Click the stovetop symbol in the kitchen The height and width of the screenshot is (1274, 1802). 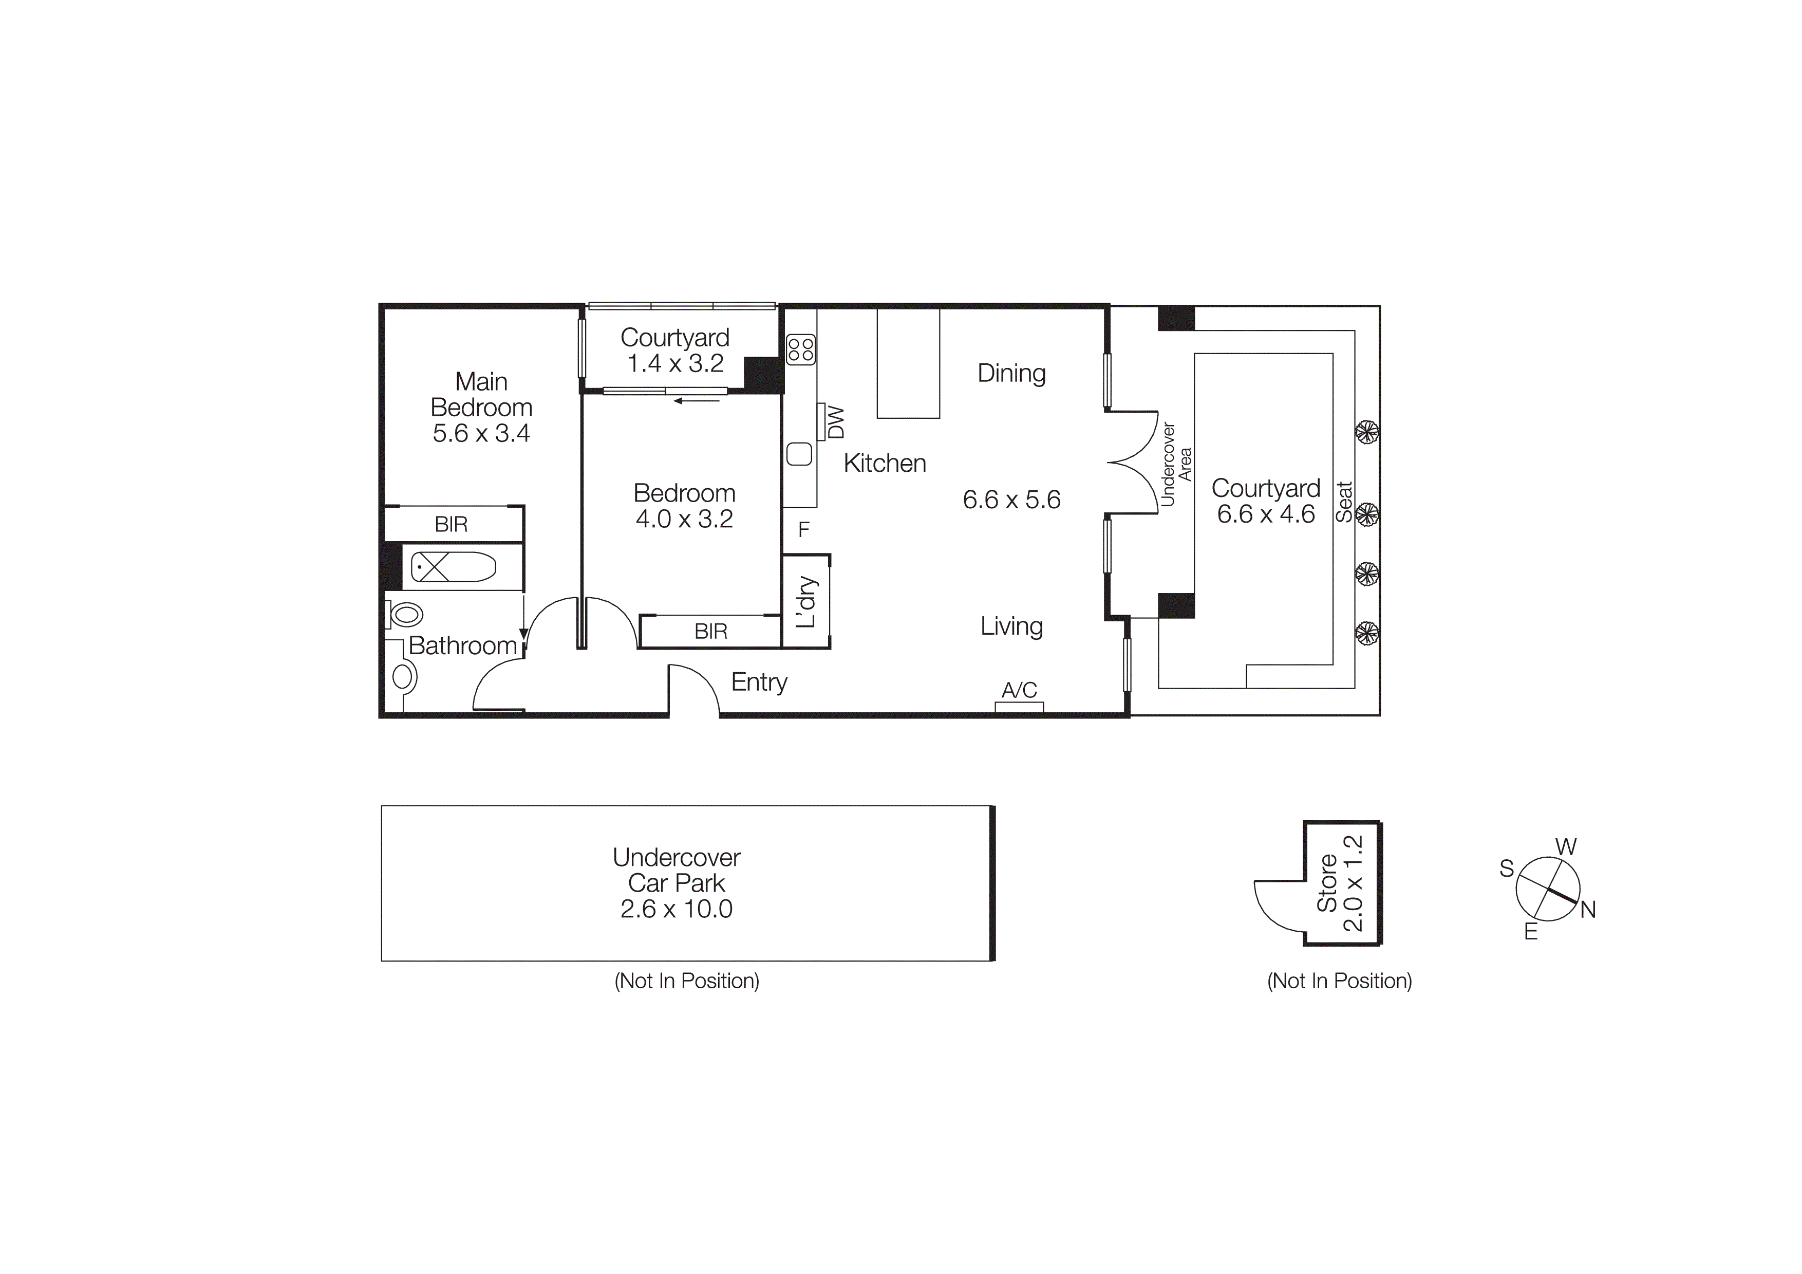coord(800,349)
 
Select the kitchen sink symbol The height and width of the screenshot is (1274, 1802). coord(799,454)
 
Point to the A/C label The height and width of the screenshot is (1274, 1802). coord(1019,690)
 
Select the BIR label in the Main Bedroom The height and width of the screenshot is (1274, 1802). coord(452,524)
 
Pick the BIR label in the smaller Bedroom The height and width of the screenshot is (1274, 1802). coord(710,631)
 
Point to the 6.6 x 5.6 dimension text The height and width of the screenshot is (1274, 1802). coord(1011,499)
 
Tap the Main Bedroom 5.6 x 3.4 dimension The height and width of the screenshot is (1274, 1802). coord(481,433)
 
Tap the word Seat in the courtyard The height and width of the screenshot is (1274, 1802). coord(1344,502)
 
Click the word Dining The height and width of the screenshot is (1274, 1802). coord(1011,373)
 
